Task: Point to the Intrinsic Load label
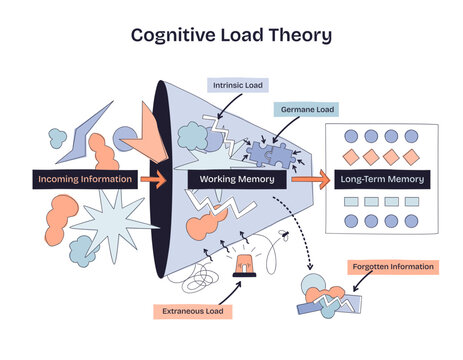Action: tap(237, 86)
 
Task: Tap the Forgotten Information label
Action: tap(392, 267)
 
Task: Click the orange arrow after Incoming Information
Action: tap(153, 180)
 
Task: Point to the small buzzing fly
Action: tap(287, 238)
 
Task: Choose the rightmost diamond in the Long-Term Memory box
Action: tap(411, 158)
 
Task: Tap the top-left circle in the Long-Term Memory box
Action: tap(350, 136)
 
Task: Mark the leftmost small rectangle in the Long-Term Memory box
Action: tap(350, 202)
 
